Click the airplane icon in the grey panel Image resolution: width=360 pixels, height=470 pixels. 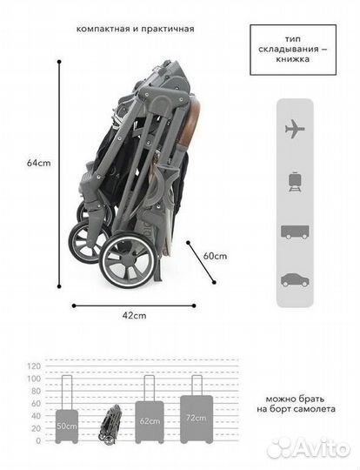point(295,129)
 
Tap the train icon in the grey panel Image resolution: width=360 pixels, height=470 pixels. point(295,181)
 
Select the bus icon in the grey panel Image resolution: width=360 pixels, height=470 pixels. point(295,232)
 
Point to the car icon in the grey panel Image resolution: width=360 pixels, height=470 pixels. point(295,280)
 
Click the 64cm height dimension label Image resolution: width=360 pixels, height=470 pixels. point(38,163)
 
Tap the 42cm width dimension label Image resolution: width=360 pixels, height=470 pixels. point(134,315)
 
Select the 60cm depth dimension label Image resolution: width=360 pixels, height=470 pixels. point(215,256)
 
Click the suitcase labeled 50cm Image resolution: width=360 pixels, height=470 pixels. point(67,409)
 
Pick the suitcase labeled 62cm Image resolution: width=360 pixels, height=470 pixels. point(150,409)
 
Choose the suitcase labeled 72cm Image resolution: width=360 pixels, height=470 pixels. point(197,409)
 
